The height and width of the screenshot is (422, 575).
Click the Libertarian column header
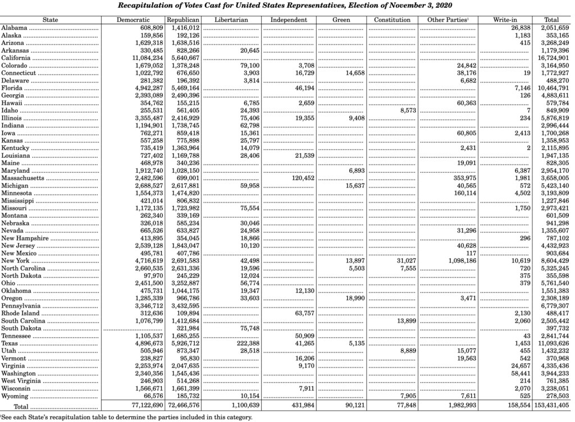click(x=230, y=20)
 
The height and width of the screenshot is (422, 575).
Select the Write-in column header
click(x=505, y=20)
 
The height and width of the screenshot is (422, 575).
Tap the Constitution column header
click(x=393, y=20)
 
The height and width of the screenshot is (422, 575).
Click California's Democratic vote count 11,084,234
click(x=148, y=58)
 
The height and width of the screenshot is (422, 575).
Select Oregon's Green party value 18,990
click(x=354, y=298)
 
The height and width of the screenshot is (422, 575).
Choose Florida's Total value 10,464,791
click(x=554, y=88)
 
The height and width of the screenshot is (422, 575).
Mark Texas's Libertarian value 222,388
click(x=245, y=343)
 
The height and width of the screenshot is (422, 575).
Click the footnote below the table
click(x=126, y=418)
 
